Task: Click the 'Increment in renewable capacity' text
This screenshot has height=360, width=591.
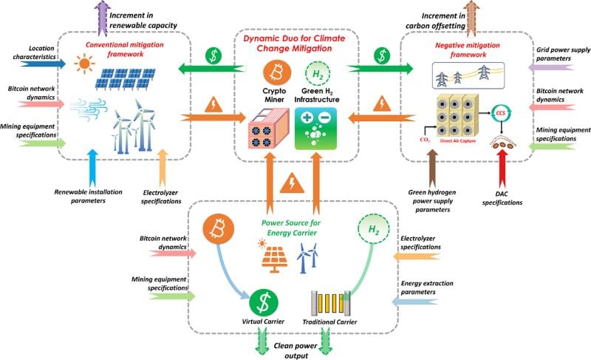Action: point(143,20)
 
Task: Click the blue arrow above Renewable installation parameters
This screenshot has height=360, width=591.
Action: point(92,168)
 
